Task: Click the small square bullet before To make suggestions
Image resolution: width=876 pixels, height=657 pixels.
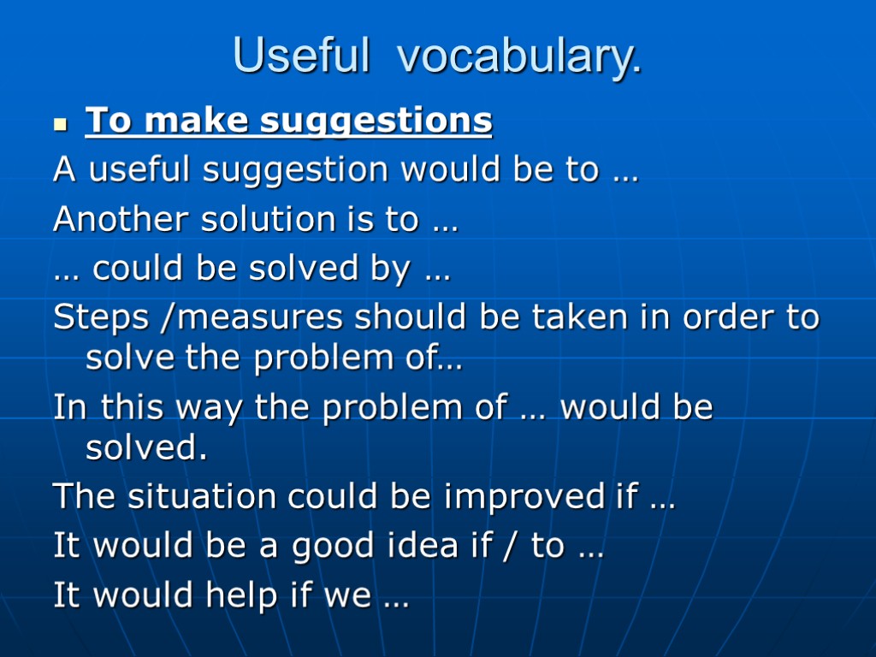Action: [60, 124]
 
